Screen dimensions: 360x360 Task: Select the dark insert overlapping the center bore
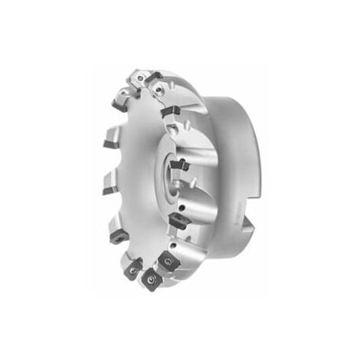click(x=179, y=166)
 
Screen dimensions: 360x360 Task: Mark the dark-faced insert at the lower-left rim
click(x=116, y=235)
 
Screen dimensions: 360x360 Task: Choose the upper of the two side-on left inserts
click(x=110, y=145)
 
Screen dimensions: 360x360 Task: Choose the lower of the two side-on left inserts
click(x=108, y=187)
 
